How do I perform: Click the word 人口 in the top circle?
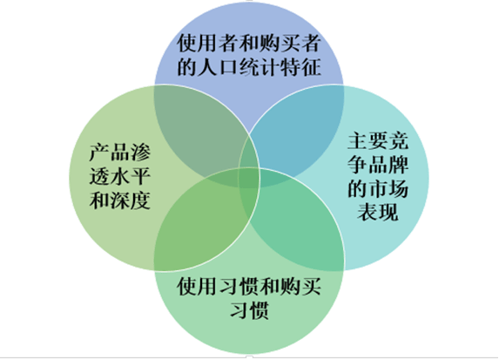(218, 67)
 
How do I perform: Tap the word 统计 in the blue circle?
(260, 67)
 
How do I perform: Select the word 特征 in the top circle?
(300, 67)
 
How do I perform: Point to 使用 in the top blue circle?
(198, 43)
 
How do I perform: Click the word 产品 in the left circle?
(110, 153)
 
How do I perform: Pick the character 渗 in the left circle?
(140, 153)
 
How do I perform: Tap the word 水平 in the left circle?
(130, 176)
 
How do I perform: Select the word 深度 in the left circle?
(130, 200)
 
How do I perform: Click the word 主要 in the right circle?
(368, 141)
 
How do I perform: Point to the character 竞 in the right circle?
(398, 141)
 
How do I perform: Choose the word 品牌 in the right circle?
(388, 165)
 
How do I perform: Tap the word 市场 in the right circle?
(388, 188)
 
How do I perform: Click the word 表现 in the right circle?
(378, 212)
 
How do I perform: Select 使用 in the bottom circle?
(198, 287)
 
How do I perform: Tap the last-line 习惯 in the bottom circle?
(249, 310)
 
